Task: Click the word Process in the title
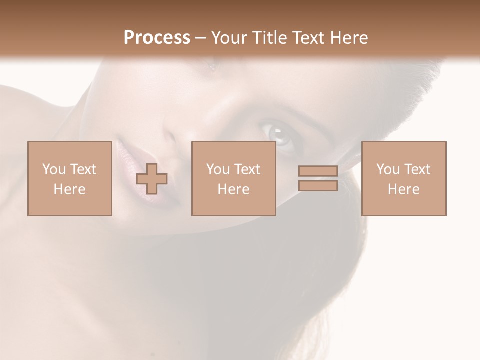coord(157,38)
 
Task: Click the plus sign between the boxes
coord(152,179)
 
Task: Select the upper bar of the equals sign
coord(318,171)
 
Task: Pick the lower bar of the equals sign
coord(318,186)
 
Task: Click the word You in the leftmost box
coord(54,169)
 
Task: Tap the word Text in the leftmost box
coord(82,169)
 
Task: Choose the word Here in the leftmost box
coord(69,189)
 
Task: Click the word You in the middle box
coord(218,169)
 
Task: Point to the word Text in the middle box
coord(247,169)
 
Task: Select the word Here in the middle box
coord(233,189)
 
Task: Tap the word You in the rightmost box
coord(388,169)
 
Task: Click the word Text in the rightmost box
coord(417,169)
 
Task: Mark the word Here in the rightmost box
coord(403,189)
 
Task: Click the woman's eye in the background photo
coord(279,134)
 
